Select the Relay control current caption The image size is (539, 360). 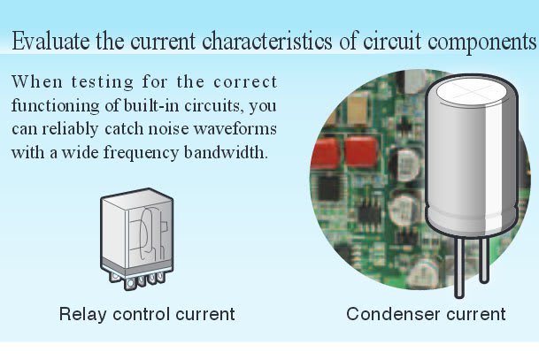147,313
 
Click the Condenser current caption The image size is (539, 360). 426,313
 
